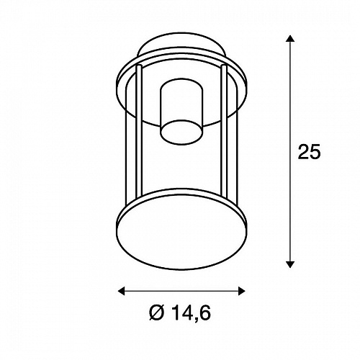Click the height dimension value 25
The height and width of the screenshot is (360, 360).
coord(309,152)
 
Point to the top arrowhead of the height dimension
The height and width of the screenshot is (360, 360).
coord(290,38)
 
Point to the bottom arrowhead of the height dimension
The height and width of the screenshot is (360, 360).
coord(290,264)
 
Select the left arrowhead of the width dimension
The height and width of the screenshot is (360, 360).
coord(122,291)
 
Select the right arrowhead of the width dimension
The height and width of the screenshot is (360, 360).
coord(241,291)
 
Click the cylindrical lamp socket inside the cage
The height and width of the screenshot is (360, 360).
coord(181,112)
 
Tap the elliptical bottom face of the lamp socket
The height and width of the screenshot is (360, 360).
coord(181,132)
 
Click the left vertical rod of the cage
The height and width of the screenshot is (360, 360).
coord(139,131)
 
